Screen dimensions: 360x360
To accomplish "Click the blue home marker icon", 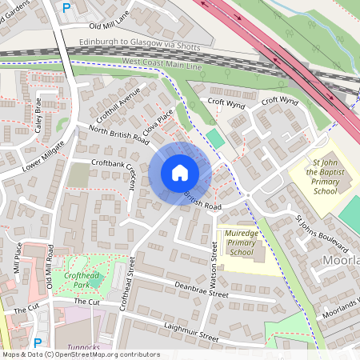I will coord(180,173).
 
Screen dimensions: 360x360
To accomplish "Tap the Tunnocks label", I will coord(84,348).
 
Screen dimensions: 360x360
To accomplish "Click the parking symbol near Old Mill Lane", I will coord(66,6).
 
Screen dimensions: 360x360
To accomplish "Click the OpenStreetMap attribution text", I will coord(80,354).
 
